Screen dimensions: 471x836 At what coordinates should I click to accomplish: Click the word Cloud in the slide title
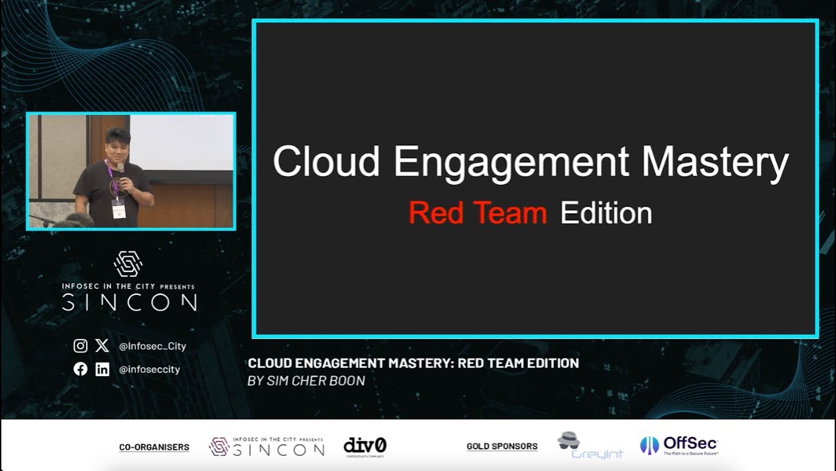click(x=326, y=162)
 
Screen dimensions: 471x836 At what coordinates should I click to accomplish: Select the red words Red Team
click(x=477, y=214)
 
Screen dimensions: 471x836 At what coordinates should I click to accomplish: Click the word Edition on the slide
click(x=606, y=214)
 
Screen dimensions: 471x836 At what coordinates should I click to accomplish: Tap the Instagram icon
click(x=80, y=346)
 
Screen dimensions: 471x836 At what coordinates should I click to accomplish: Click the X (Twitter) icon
click(x=102, y=346)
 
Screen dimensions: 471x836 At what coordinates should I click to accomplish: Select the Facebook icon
click(x=80, y=369)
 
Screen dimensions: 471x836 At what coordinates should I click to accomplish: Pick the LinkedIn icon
click(x=103, y=369)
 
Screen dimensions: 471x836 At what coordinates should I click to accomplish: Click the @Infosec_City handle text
click(x=152, y=347)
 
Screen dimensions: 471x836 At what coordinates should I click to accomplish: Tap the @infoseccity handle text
click(x=150, y=370)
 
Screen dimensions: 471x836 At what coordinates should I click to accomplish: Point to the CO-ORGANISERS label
click(x=154, y=447)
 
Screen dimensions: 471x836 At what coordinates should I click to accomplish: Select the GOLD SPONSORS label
click(x=502, y=447)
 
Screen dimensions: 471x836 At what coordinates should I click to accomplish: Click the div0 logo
click(x=365, y=446)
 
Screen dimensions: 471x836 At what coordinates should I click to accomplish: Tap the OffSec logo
click(x=679, y=445)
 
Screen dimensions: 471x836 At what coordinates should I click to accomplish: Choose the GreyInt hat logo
click(x=569, y=440)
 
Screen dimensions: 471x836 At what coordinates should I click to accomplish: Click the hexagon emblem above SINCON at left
click(x=128, y=264)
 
